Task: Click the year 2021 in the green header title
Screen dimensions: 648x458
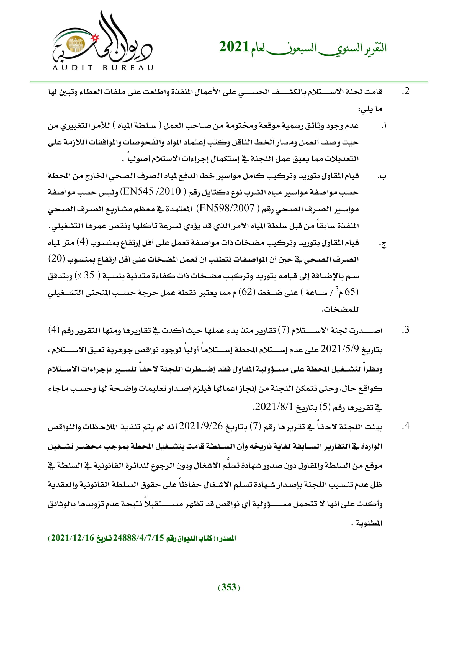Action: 234,47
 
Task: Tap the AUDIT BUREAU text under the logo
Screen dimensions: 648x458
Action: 103,68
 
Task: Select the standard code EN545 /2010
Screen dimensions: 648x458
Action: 152,192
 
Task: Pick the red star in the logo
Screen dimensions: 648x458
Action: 96,37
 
